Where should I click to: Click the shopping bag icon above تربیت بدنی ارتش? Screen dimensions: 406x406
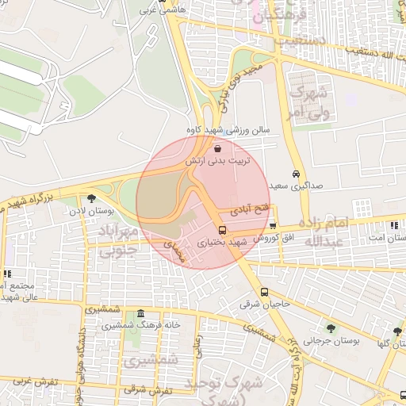pyautogui.click(x=218, y=147)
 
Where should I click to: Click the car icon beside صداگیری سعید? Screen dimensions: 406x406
pyautogui.click(x=296, y=174)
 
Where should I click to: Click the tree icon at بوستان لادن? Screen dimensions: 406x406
pyautogui.click(x=92, y=199)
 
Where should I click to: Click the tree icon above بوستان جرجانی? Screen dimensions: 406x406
pyautogui.click(x=330, y=328)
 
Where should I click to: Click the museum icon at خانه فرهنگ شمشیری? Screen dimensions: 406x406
pyautogui.click(x=140, y=314)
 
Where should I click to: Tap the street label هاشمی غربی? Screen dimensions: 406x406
pyautogui.click(x=161, y=10)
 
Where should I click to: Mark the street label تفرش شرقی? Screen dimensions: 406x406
pyautogui.click(x=146, y=389)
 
